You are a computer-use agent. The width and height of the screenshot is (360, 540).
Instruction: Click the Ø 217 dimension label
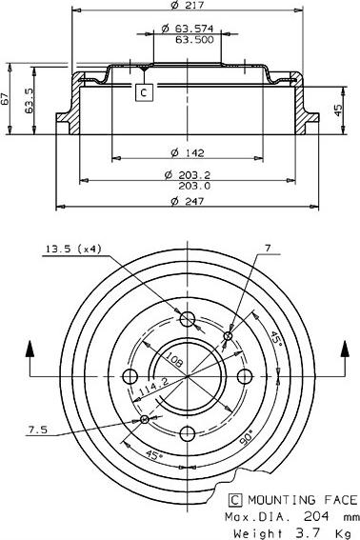[188, 5]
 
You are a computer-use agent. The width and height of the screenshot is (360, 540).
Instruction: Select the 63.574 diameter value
[194, 29]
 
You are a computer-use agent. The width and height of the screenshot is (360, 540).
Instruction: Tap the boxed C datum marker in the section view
[144, 92]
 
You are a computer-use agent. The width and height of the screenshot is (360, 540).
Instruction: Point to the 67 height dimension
[5, 99]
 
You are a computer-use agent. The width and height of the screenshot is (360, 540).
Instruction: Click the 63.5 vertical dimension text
[29, 101]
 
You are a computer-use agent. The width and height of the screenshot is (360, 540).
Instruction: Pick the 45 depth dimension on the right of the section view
[339, 110]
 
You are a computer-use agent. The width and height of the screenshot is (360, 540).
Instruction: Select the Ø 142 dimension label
[188, 153]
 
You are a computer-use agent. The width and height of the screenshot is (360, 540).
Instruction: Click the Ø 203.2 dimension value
[188, 175]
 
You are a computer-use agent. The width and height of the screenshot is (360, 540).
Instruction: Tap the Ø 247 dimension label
[188, 201]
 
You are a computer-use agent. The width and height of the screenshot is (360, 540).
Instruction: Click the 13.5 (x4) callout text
[73, 249]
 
